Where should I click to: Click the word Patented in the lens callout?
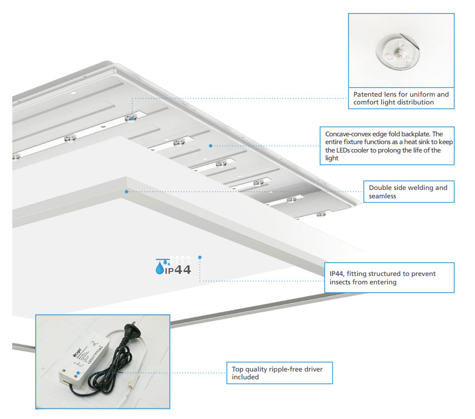coord(368,94)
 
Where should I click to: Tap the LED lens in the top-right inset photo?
coord(397,52)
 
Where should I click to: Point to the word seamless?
coord(382,196)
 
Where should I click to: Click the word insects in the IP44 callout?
coord(341,282)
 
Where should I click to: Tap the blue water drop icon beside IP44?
coord(159,268)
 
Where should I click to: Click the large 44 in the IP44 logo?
coord(183,269)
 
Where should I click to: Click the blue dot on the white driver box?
coord(78,373)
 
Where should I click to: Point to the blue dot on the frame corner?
coord(127,192)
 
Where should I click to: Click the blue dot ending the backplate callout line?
coord(211,146)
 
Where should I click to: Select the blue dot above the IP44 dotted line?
coord(200,258)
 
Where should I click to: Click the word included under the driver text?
coord(245,377)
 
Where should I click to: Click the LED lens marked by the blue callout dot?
coord(131,118)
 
